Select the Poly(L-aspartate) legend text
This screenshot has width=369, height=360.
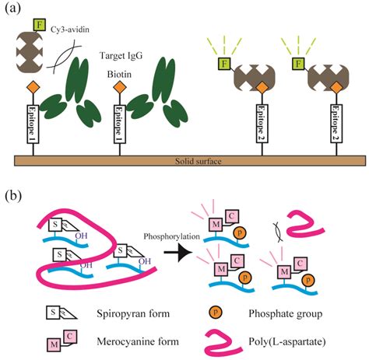(x=294, y=341)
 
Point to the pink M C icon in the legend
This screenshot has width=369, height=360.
(x=55, y=340)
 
